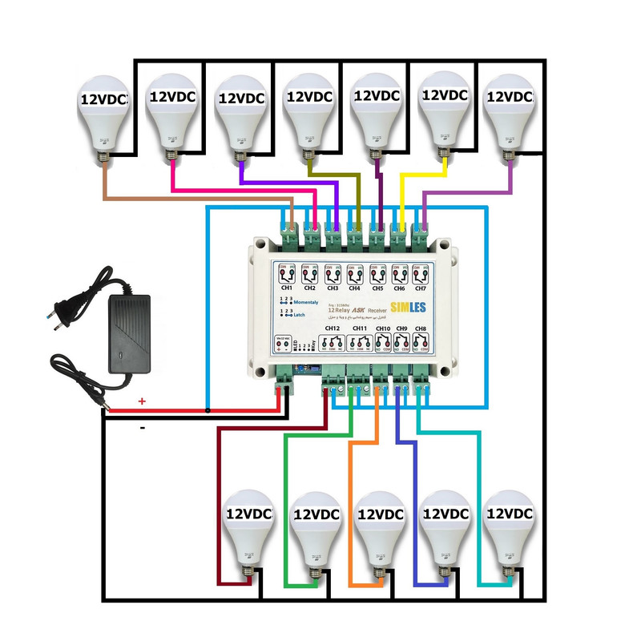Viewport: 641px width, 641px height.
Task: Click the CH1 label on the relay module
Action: click(x=286, y=287)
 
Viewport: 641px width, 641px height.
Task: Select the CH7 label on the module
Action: click(x=420, y=287)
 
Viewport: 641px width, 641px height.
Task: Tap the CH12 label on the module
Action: click(x=333, y=329)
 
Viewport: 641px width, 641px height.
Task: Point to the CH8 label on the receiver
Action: click(x=420, y=329)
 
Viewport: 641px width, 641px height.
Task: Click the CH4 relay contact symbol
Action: click(x=353, y=273)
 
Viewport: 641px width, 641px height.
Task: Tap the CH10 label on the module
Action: click(x=383, y=329)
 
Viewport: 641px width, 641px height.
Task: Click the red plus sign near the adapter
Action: click(x=142, y=401)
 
